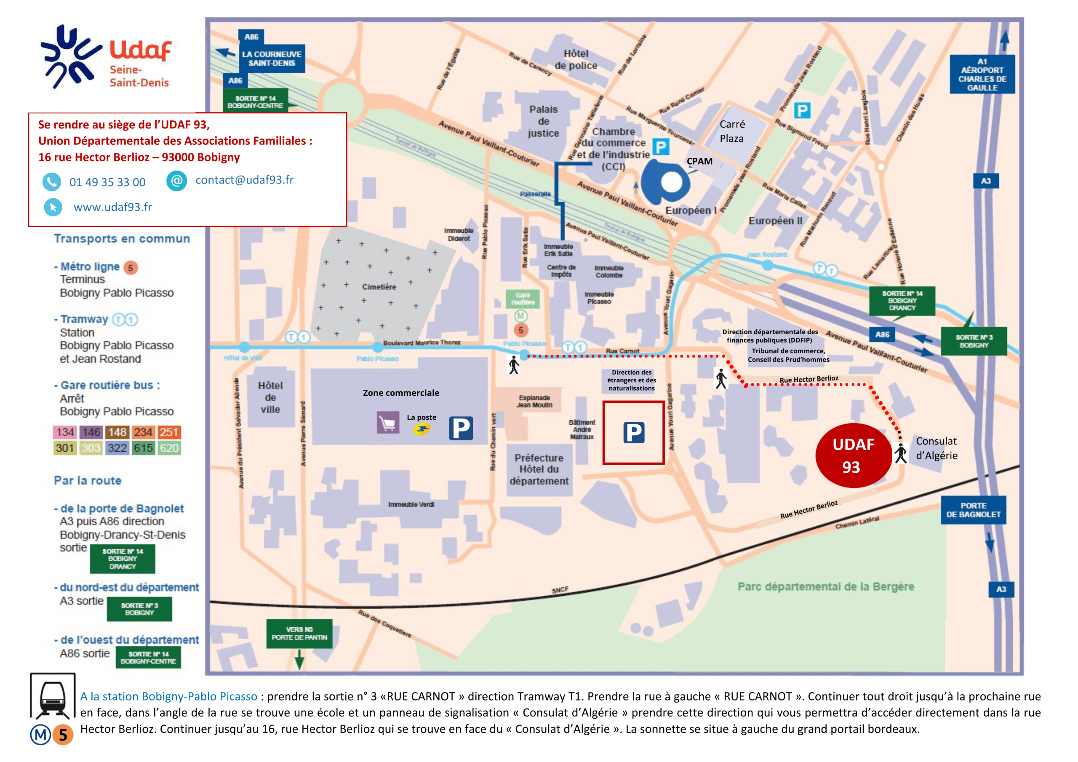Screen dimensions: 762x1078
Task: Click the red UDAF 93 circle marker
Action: click(853, 456)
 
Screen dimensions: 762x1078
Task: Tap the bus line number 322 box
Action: click(117, 448)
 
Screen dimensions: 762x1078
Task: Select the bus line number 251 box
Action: click(168, 432)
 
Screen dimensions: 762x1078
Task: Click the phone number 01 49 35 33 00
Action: click(107, 182)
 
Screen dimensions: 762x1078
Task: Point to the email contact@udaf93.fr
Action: click(244, 180)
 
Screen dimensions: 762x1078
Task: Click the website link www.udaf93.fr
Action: click(113, 207)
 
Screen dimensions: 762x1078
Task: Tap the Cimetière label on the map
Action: click(379, 287)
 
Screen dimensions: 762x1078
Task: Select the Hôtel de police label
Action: click(576, 60)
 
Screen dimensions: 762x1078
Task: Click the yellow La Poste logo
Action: click(422, 429)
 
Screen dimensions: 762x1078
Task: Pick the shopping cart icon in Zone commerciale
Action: click(388, 424)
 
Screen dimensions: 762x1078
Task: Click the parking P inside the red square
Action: click(633, 433)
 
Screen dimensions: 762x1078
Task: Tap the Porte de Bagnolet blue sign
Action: click(973, 510)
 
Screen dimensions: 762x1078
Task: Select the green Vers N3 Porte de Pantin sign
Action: click(299, 633)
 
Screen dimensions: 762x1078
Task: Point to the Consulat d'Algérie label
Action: click(936, 448)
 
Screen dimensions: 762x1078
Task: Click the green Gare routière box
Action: click(523, 298)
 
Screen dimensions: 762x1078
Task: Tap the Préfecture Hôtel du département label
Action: click(539, 469)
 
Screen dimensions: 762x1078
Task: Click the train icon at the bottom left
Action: click(53, 696)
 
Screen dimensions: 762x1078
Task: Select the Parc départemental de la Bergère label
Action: click(825, 586)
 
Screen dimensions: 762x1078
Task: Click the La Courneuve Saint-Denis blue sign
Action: click(272, 59)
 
